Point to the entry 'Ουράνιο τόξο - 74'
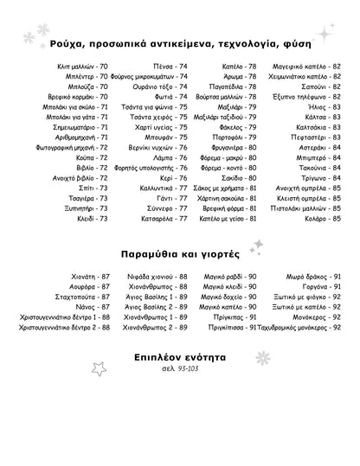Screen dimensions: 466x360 pyautogui.click(x=161, y=87)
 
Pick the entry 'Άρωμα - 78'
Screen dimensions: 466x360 pyautogui.click(x=239, y=77)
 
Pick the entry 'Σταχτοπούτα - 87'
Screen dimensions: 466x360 pyautogui.click(x=80, y=296)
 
